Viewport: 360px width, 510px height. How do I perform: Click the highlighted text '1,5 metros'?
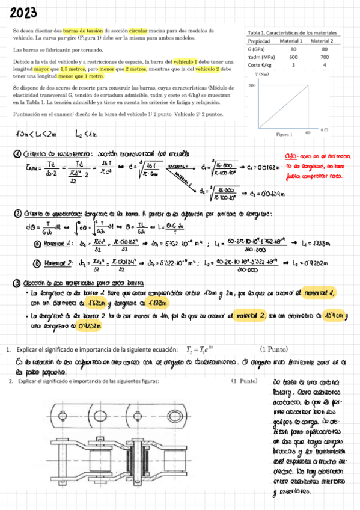click(75, 70)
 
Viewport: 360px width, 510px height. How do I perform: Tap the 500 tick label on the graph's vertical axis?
click(252, 85)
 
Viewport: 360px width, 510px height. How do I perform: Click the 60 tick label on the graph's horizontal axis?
click(307, 131)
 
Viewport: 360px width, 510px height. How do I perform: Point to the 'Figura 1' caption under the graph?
click(284, 135)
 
